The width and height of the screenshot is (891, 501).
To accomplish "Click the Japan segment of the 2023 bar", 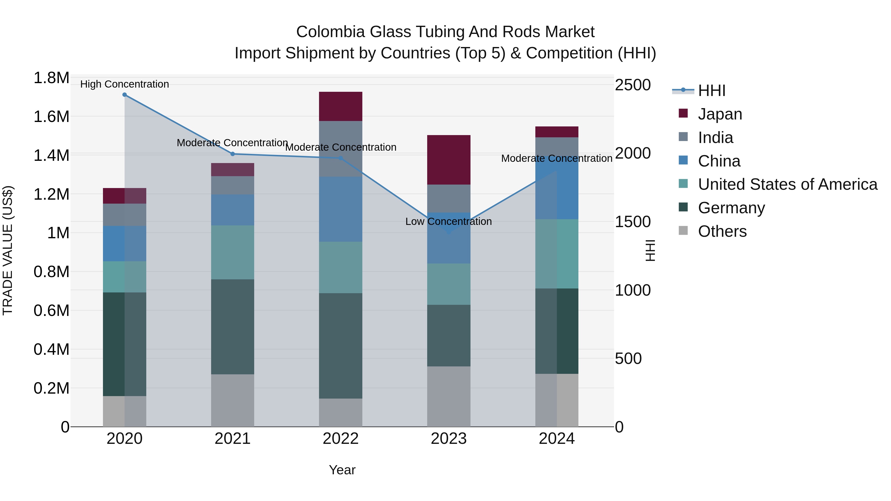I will [449, 160].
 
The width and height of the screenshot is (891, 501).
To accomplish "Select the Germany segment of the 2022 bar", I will [340, 346].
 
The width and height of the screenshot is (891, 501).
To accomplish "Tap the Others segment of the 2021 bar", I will [232, 400].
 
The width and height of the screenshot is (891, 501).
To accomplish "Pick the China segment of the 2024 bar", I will [557, 194].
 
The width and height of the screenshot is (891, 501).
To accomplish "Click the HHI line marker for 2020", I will [124, 95].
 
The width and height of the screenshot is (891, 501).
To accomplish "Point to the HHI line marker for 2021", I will [232, 154].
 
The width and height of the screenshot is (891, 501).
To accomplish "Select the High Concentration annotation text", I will [124, 84].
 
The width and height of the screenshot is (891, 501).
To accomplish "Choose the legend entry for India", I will [715, 138].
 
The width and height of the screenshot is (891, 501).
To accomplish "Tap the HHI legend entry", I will [711, 91].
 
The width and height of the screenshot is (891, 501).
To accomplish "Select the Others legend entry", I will [722, 231].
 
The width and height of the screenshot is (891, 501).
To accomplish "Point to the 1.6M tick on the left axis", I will [51, 117].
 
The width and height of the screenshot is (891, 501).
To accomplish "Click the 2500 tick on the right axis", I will [633, 85].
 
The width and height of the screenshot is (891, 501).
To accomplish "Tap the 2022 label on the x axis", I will [340, 439].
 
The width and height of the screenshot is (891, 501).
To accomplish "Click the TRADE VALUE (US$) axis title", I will [8, 250].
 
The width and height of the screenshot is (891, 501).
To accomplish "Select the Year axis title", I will [342, 470].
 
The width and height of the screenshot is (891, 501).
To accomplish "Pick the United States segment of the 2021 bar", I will [232, 252].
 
